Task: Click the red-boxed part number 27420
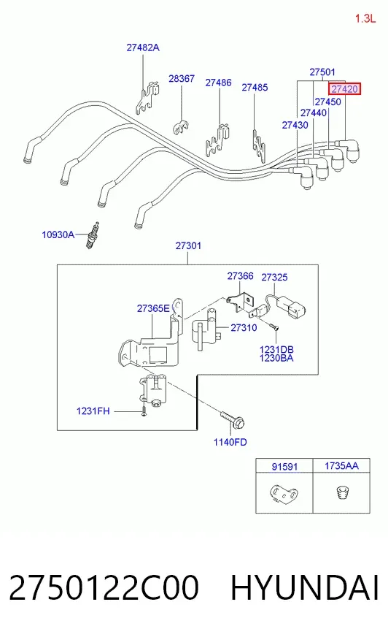344,89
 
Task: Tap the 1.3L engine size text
365,18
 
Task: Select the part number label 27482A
143,47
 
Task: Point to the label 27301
188,245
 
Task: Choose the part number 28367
182,78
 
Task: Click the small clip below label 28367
181,127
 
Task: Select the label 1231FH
93,411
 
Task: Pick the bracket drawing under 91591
284,493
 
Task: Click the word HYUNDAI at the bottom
304,587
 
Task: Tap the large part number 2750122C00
104,587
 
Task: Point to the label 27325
274,277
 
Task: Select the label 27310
244,327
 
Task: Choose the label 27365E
153,308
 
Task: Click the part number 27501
322,72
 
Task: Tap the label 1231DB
276,349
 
